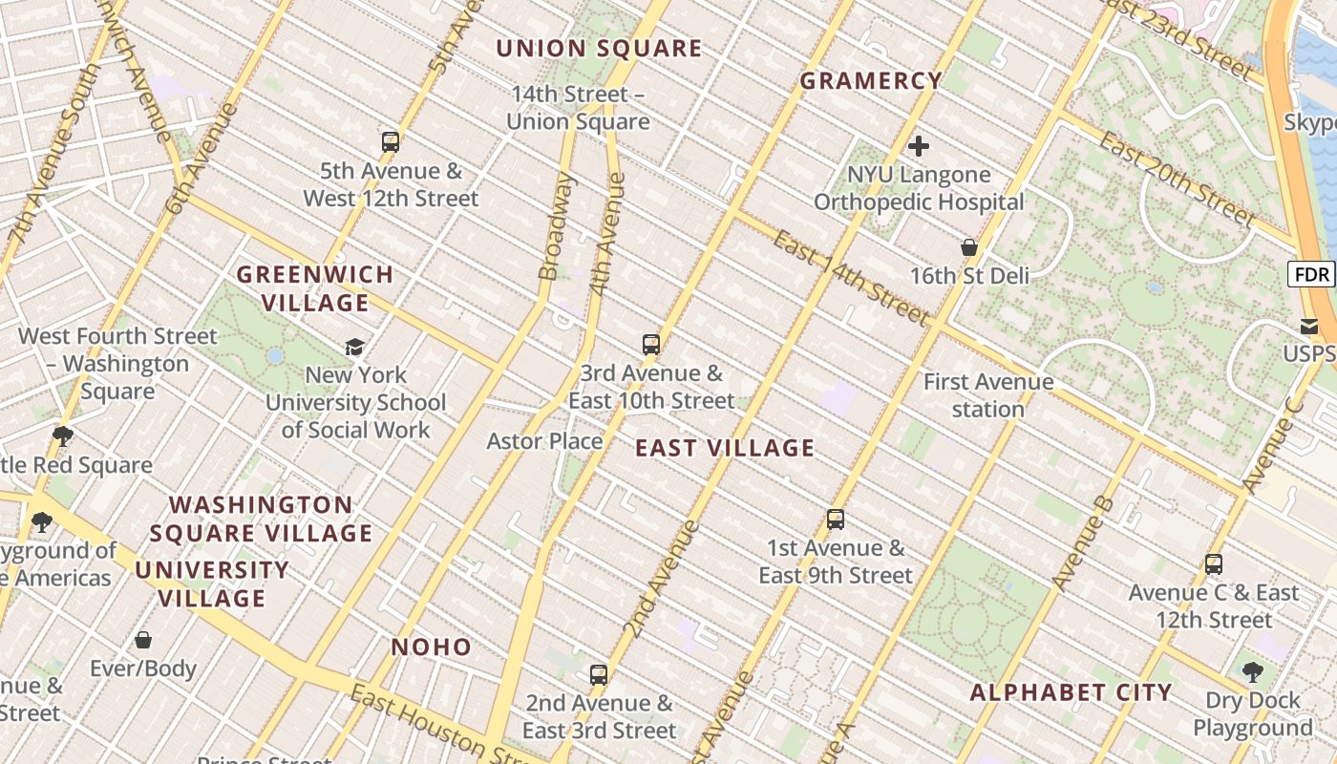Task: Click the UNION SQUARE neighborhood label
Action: click(x=599, y=49)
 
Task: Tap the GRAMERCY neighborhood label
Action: click(x=871, y=81)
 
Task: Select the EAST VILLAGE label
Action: click(x=725, y=448)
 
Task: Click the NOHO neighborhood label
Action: click(x=432, y=647)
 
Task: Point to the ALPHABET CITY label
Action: click(x=1071, y=692)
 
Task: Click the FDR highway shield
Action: click(x=1312, y=275)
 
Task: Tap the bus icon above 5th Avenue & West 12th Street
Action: click(x=391, y=142)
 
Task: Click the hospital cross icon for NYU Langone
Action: click(x=919, y=146)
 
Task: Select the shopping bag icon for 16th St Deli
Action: click(x=969, y=247)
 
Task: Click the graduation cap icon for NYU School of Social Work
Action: click(x=355, y=347)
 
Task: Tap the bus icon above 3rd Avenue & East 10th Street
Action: click(x=651, y=345)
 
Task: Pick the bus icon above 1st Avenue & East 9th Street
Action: click(x=836, y=520)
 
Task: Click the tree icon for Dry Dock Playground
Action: click(x=1252, y=672)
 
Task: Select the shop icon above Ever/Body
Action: click(x=143, y=640)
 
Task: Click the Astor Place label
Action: click(x=544, y=440)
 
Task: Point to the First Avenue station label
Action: click(x=988, y=395)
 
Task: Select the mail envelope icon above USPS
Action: click(x=1309, y=326)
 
